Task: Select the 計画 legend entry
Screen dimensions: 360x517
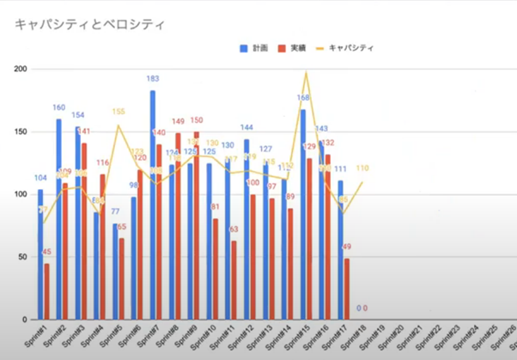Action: [x=257, y=48]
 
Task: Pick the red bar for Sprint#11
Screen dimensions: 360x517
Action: [x=234, y=280]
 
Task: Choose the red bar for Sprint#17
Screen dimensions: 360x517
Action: [x=347, y=289]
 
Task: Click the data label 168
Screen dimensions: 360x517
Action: [x=303, y=98]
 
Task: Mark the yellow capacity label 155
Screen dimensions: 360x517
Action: [x=119, y=112]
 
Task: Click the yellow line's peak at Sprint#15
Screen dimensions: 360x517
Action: [x=307, y=73]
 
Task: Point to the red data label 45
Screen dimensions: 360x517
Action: [x=46, y=253]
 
